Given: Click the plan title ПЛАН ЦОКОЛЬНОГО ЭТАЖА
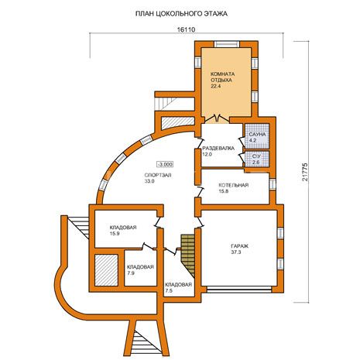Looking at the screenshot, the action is click(181, 14).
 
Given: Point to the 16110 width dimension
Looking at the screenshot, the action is click(186, 29).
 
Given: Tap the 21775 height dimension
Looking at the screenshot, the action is click(305, 172).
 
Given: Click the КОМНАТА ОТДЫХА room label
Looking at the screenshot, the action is click(223, 77).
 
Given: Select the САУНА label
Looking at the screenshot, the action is click(257, 135).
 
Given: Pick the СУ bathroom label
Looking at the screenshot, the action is click(256, 156).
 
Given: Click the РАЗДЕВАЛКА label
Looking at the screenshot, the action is click(218, 149).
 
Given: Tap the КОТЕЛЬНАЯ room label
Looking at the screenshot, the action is click(234, 185).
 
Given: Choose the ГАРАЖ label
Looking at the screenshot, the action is click(240, 246).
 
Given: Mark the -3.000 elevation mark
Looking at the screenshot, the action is click(165, 164).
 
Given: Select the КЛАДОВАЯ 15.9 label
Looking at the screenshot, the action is click(123, 231).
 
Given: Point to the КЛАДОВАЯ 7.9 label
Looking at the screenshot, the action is click(140, 270).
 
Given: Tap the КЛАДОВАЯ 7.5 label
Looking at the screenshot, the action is click(178, 287).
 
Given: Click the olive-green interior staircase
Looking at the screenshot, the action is click(188, 255).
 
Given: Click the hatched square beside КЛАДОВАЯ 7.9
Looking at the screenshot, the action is click(106, 270).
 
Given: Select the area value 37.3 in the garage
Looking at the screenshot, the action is click(236, 252).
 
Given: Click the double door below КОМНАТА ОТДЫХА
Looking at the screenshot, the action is click(217, 118).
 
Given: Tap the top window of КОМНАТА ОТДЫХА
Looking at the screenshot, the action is click(228, 44).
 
